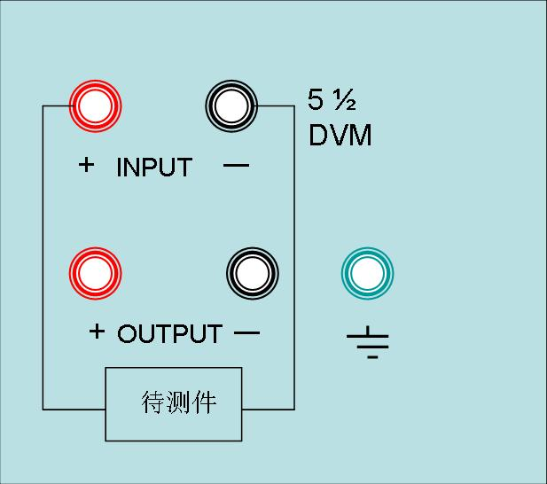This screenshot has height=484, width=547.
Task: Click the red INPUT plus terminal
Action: click(95, 106)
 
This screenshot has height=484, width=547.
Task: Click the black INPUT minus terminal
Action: click(231, 106)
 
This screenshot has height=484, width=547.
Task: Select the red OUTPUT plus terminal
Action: click(95, 273)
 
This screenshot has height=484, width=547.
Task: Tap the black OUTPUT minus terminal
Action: click(253, 273)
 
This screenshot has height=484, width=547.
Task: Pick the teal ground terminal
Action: click(367, 273)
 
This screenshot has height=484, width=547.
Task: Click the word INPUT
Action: click(154, 167)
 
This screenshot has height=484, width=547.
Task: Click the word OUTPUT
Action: click(170, 333)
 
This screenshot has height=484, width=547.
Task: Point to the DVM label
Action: click(340, 135)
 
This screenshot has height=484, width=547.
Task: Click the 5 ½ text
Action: click(332, 99)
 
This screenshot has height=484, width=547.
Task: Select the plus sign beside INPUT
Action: click(86, 165)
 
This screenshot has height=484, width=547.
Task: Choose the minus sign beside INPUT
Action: click(236, 165)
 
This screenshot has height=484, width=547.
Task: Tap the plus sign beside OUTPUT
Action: click(97, 332)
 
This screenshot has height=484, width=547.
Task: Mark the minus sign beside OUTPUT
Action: click(247, 332)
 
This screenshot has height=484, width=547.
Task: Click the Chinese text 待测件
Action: click(178, 402)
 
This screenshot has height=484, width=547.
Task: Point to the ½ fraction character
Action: click(344, 100)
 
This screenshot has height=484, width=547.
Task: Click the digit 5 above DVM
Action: click(316, 99)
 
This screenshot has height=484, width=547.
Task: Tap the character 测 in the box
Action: click(178, 402)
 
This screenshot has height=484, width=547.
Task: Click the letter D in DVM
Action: click(317, 135)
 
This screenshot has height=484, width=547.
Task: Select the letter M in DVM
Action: click(362, 135)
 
